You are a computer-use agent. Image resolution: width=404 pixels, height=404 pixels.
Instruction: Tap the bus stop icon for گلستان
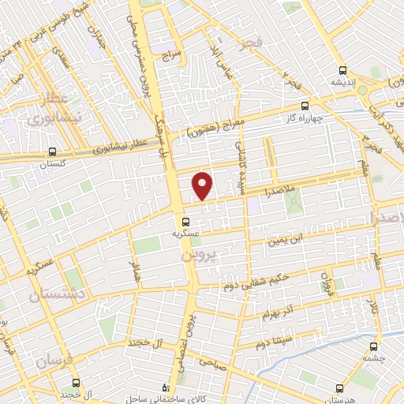(x=52, y=150)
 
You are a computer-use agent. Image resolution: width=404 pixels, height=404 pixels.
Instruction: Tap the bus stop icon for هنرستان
(x=339, y=387)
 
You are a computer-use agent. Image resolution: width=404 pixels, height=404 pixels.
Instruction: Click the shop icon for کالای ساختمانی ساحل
(x=164, y=387)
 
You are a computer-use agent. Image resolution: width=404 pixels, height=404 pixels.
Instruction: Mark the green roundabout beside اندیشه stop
(x=364, y=90)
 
